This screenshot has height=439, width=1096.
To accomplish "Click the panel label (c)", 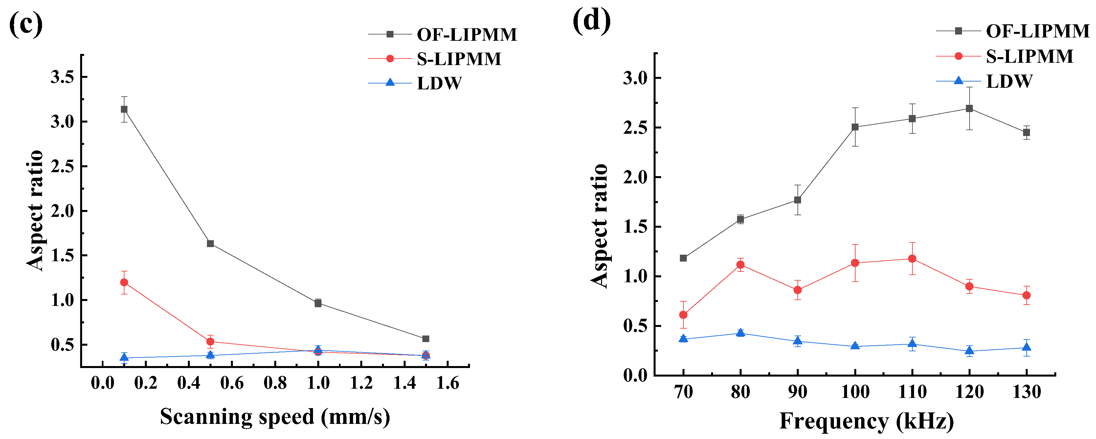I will tap(26, 24).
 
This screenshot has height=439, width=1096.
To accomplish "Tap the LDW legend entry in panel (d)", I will tap(1009, 81).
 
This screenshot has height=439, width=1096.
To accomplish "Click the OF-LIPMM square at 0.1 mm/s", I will tap(124, 109).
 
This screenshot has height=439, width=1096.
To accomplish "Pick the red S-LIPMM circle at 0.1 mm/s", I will tap(124, 282).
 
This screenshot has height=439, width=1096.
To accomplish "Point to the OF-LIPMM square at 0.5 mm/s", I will tap(210, 243).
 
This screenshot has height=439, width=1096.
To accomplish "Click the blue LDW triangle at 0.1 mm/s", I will tap(124, 357).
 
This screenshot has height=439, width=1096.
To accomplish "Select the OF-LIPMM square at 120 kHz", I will tap(969, 108).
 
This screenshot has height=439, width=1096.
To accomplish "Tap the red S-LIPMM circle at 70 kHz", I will tap(683, 315).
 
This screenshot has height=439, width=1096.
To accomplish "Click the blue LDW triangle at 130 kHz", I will tap(1026, 347).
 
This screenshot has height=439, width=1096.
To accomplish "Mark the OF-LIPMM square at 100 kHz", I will tap(855, 127).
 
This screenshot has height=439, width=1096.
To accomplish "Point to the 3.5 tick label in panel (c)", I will tap(62, 77).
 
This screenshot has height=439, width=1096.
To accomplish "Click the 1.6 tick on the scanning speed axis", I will tap(448, 383).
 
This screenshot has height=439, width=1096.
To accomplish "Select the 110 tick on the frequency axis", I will tap(912, 391).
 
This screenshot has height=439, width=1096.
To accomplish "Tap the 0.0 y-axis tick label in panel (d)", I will tap(635, 376).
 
